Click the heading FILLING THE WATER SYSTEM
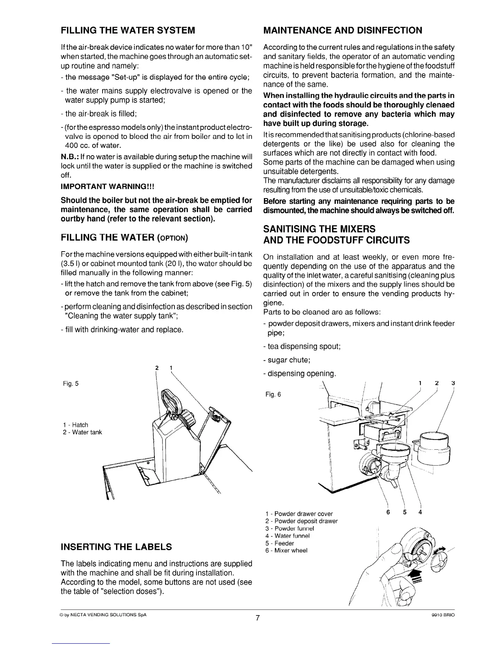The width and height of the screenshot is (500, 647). pos(128,30)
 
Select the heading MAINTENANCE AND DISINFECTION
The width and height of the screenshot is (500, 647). pos(343,30)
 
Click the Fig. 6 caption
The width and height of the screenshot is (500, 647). pos(273,394)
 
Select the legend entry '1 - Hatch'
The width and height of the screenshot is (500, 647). pos(76,425)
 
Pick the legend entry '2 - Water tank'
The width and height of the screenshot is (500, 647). pos(83,432)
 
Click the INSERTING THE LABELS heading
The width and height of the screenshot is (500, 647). pos(116,547)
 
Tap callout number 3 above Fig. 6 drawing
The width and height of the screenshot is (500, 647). pos(453,383)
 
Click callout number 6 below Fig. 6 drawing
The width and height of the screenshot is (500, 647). pos(388,513)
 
